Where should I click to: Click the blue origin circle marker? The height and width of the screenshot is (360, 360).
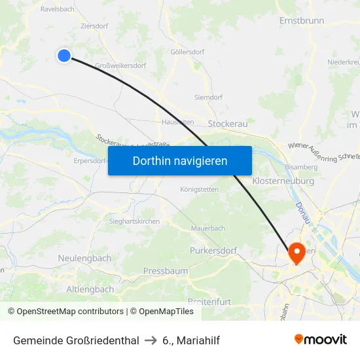(x=64, y=56)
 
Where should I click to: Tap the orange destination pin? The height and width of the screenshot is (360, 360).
(x=295, y=252)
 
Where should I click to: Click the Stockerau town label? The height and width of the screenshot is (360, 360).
(x=227, y=123)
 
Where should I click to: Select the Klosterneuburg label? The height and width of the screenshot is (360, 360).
(x=283, y=181)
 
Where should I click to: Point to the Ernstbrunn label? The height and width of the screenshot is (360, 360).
(x=302, y=20)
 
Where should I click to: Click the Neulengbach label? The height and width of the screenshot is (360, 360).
(x=84, y=259)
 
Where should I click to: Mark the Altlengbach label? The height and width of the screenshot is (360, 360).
(x=90, y=289)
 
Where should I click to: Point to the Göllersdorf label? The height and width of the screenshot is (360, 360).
(x=184, y=52)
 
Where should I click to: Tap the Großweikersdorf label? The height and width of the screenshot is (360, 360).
(x=120, y=65)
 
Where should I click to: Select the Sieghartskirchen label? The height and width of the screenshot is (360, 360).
(x=134, y=221)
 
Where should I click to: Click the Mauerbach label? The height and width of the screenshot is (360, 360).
(x=207, y=228)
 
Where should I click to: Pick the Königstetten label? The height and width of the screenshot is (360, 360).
(x=199, y=189)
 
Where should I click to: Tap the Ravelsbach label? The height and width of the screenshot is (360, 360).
(x=58, y=9)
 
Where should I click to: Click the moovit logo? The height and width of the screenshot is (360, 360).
(x=321, y=339)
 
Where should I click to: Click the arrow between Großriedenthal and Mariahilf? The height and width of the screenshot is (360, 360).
(x=151, y=340)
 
